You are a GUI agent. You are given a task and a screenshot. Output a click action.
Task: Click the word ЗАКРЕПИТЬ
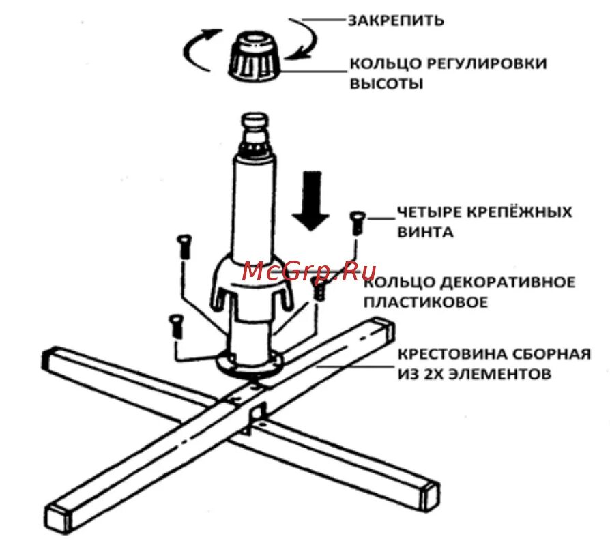(x=396, y=20)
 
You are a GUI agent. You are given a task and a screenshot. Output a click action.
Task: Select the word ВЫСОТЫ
(x=386, y=85)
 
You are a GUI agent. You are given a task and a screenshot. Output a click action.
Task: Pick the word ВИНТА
(x=425, y=232)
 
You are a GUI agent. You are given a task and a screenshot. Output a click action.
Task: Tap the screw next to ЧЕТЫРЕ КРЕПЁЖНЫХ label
(x=357, y=223)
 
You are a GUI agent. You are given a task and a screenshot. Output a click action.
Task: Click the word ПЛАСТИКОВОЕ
(x=425, y=302)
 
